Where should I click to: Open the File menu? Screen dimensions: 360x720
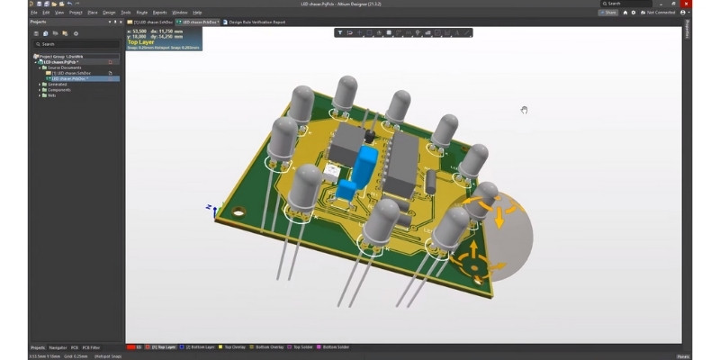[34, 13]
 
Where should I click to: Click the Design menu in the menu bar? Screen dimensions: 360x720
[109, 13]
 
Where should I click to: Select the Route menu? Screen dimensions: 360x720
[141, 13]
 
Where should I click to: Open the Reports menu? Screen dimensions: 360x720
[159, 13]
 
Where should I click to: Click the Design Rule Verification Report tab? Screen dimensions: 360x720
[258, 22]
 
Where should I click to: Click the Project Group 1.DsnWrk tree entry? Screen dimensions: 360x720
[59, 56]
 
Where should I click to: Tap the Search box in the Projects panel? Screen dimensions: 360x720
[76, 43]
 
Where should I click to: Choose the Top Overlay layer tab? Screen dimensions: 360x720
[232, 346]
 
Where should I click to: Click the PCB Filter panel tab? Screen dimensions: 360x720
[92, 346]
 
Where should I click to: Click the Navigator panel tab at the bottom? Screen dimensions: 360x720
[58, 346]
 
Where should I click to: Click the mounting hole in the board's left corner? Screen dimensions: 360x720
[238, 213]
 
